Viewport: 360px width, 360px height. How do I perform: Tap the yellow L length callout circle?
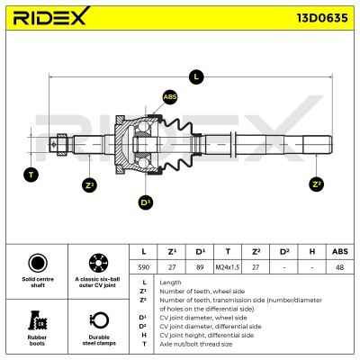click(196, 77)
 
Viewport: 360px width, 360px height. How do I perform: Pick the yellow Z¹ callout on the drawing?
click(89, 184)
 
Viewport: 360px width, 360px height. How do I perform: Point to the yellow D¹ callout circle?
click(146, 202)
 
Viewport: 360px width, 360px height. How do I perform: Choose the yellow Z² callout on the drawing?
click(315, 184)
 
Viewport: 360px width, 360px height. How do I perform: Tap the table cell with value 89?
click(200, 268)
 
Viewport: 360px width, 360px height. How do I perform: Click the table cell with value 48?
click(339, 268)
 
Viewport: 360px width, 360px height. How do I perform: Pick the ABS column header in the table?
click(339, 251)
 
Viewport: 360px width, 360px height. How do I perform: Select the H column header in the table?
click(311, 251)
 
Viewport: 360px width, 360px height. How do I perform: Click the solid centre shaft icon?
click(37, 264)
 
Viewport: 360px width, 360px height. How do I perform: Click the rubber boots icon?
click(37, 321)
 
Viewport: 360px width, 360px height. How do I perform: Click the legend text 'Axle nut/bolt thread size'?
click(195, 344)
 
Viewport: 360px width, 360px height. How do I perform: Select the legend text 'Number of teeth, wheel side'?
click(195, 291)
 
